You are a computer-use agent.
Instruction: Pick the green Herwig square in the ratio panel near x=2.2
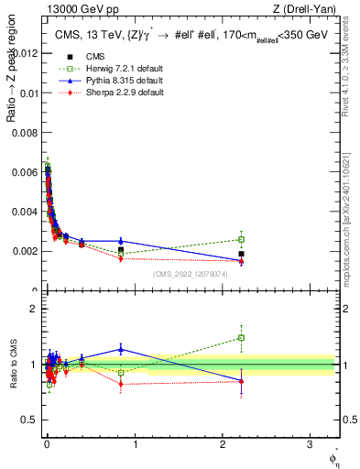pyautogui.click(x=241, y=337)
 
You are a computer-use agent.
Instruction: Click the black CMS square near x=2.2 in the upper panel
pyautogui.click(x=241, y=254)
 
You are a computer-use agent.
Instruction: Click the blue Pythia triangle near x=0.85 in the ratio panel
pyautogui.click(x=121, y=349)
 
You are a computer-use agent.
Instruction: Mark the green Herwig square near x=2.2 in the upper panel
pyautogui.click(x=241, y=239)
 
